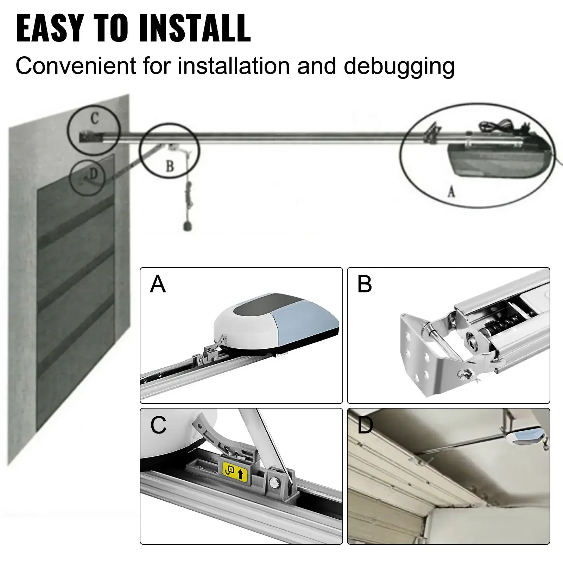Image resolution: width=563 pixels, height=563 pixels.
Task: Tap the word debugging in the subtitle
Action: click(399, 67)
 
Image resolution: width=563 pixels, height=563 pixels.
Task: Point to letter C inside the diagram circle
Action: click(94, 119)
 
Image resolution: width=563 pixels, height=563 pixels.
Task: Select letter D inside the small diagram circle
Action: click(93, 173)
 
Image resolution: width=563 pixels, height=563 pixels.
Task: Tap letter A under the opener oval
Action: click(451, 191)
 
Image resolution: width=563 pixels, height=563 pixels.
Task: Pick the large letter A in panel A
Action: click(157, 284)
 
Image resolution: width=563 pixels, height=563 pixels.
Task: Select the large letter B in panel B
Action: click(364, 284)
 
